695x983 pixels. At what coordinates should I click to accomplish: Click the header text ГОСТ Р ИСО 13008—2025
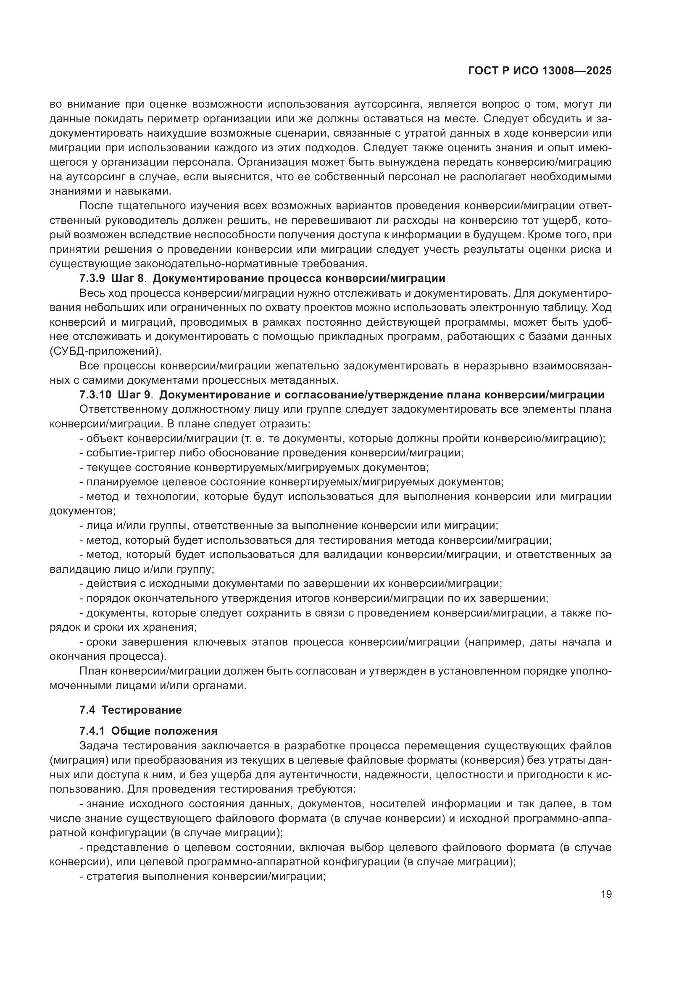tap(540, 71)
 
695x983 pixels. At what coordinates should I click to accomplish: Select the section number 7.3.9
tap(92, 279)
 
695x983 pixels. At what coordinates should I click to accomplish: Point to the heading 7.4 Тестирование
tap(131, 710)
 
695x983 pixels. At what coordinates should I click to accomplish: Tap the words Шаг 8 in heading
tap(126, 279)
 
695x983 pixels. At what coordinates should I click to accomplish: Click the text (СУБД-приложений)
tap(106, 351)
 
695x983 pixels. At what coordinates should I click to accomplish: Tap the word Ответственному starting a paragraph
tap(123, 409)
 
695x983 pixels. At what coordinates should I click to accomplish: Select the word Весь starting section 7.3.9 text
tap(92, 293)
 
